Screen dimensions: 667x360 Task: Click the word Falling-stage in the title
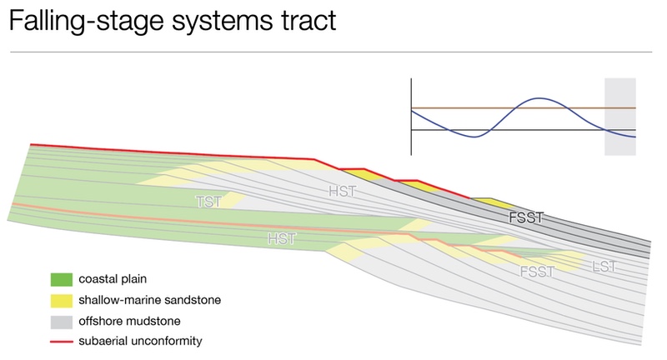pyautogui.click(x=87, y=20)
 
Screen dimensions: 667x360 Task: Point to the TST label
pyautogui.click(x=208, y=202)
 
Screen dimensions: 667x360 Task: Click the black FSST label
pyautogui.click(x=526, y=217)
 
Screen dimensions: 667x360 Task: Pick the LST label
pyautogui.click(x=604, y=267)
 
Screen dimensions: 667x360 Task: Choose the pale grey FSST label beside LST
pyautogui.click(x=537, y=272)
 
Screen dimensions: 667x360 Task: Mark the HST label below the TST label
pyautogui.click(x=282, y=239)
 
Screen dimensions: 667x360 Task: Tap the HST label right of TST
pyautogui.click(x=343, y=192)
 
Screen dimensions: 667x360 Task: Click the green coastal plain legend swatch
pyautogui.click(x=61, y=279)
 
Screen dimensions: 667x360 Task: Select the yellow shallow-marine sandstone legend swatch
pyautogui.click(x=61, y=301)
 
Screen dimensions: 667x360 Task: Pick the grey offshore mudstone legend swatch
pyautogui.click(x=61, y=322)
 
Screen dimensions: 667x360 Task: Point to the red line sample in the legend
pyautogui.click(x=61, y=342)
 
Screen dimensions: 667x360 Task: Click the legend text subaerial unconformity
pyautogui.click(x=140, y=341)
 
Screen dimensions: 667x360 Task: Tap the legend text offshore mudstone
pyautogui.click(x=129, y=321)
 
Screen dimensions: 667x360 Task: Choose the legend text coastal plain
pyautogui.click(x=113, y=279)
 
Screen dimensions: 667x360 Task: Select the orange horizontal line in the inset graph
pyautogui.click(x=524, y=108)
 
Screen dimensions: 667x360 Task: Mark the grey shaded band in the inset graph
pyautogui.click(x=620, y=117)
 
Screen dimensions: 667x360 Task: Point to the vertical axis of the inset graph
pyautogui.click(x=411, y=117)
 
